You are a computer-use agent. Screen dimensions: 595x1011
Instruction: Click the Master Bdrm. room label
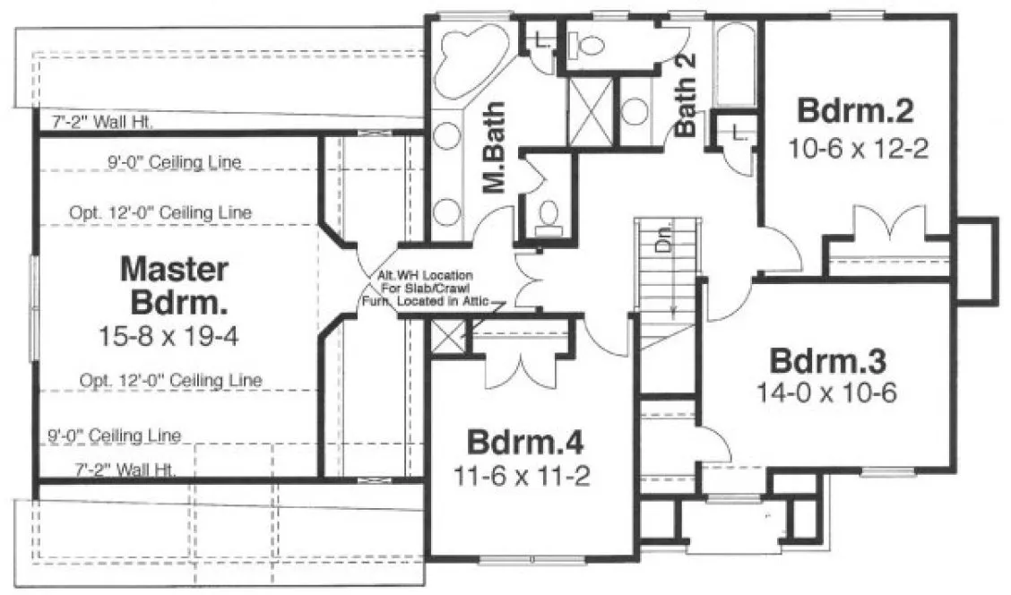174,285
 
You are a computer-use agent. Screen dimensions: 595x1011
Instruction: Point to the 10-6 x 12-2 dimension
856,147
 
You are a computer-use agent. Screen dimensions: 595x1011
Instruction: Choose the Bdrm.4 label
526,443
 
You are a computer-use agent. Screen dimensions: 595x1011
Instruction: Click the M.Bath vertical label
494,147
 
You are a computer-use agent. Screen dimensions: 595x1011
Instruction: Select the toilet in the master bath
548,215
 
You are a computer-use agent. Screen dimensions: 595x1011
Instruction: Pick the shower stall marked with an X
590,111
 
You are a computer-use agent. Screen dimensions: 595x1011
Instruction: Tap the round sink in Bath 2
635,110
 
